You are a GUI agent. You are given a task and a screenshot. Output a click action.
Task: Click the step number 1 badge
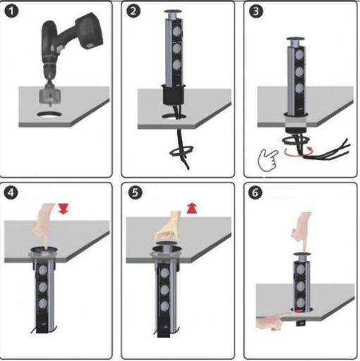pos(11,11)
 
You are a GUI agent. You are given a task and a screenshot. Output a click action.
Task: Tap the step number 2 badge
pos(133,11)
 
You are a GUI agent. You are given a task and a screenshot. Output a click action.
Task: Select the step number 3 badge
pos(256,11)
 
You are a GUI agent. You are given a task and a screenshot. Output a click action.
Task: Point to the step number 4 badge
pos(11,192)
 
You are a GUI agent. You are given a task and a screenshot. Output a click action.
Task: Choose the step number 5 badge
pos(135,192)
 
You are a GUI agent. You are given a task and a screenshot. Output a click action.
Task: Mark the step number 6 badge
pos(256,192)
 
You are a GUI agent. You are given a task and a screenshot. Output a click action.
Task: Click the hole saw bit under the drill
pos(49,97)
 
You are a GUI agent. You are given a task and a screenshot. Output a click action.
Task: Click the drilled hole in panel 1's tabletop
pos(49,115)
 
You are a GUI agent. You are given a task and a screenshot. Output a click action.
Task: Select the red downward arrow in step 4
pos(63,209)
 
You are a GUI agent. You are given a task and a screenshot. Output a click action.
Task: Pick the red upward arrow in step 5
pos(192,209)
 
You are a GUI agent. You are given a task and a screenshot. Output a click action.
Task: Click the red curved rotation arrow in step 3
pos(299,152)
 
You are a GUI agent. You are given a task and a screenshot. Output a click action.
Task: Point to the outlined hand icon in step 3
pos(268,159)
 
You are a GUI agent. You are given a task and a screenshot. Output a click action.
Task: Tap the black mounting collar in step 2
pos(174,94)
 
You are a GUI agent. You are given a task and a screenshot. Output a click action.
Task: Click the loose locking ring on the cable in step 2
pos(181,152)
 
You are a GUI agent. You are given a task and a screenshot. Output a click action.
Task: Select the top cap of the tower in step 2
pos(174,12)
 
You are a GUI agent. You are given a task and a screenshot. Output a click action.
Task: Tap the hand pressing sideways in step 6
pos(273,321)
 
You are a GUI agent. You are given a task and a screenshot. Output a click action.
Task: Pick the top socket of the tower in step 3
pos(299,56)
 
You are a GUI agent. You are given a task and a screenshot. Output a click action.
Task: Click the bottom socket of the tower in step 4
pos(42,303)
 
